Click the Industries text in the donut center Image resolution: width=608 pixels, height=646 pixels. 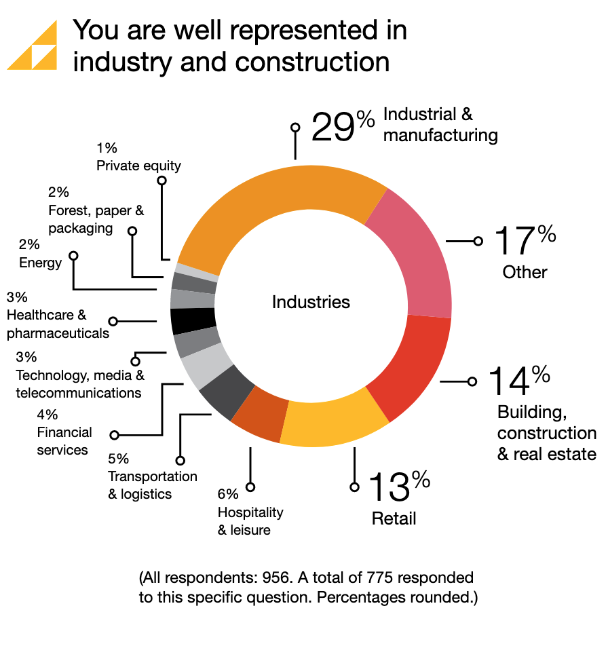[311, 302]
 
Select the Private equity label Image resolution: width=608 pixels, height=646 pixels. [138, 165]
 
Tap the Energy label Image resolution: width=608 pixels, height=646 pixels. [40, 263]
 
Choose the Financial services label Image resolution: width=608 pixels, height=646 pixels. [64, 441]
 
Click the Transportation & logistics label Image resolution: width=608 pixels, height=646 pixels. [153, 485]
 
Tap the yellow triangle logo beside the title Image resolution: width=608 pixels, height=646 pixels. [32, 45]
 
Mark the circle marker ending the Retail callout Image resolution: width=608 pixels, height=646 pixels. [354, 487]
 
